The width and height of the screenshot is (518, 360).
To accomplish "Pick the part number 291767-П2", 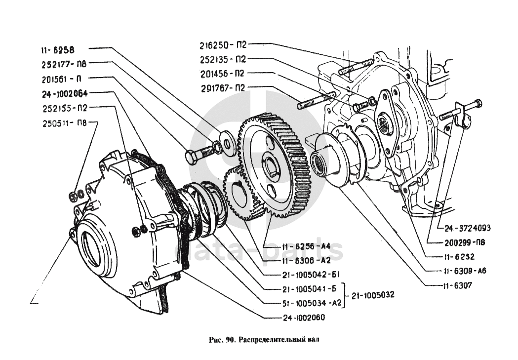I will (x=222, y=88).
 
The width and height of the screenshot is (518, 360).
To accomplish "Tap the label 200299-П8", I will (x=463, y=242).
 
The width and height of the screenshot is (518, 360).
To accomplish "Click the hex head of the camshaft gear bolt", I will (x=192, y=156).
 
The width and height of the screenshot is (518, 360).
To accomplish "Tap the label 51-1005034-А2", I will (x=302, y=304).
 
